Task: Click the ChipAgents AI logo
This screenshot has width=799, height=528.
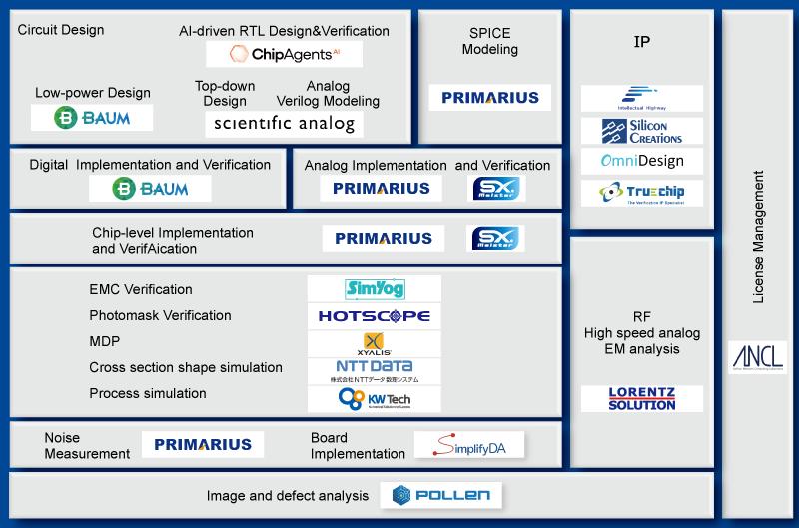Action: pyautogui.click(x=284, y=54)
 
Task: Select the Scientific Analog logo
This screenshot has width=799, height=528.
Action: pyautogui.click(x=284, y=124)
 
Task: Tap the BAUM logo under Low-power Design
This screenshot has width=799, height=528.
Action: pyautogui.click(x=92, y=118)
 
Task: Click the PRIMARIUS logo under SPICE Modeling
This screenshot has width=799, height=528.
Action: pyautogui.click(x=489, y=98)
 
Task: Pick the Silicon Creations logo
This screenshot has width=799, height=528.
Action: pyautogui.click(x=642, y=131)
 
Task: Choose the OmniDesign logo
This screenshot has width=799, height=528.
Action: pyautogui.click(x=642, y=161)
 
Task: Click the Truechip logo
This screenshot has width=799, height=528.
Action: pyautogui.click(x=642, y=193)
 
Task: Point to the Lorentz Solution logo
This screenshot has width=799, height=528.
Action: pyautogui.click(x=642, y=399)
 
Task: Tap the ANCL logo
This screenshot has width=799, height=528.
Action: pyautogui.click(x=757, y=357)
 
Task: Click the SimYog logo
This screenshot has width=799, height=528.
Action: pyautogui.click(x=375, y=289)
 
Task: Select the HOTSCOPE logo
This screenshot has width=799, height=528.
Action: pyautogui.click(x=375, y=316)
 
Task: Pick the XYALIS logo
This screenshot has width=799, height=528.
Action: pyautogui.click(x=375, y=344)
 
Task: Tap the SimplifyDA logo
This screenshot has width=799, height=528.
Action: pyautogui.click(x=468, y=446)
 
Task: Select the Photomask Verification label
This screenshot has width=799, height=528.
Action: pyautogui.click(x=160, y=316)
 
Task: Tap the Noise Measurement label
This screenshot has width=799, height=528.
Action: pyautogui.click(x=87, y=446)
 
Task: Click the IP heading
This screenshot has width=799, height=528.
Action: pyautogui.click(x=642, y=42)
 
